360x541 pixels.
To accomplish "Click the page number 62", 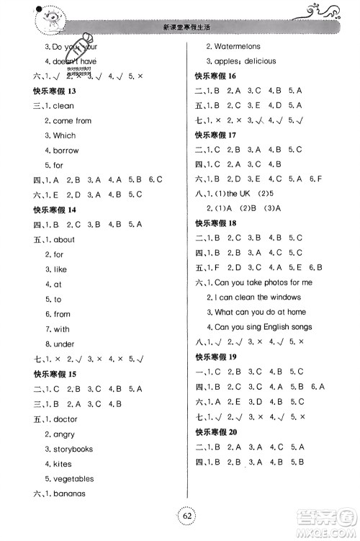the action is point(181,516).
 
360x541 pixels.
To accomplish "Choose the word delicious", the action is point(257,61).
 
